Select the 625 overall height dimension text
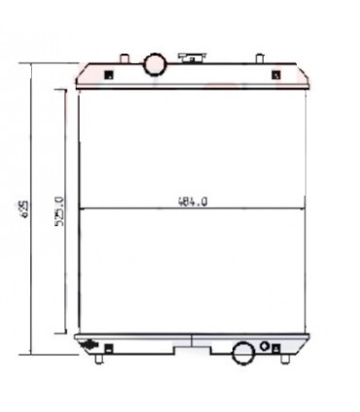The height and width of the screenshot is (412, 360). pos(22,209)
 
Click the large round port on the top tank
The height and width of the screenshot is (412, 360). pos(155,64)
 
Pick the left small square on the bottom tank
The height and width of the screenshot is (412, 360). pos(109,347)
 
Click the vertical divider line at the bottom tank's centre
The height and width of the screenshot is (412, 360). pos(193,342)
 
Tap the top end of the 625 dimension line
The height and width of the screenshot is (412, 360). pos(35,63)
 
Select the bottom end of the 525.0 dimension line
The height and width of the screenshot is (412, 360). pos(65,332)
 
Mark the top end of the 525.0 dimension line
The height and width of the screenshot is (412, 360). pos(65,90)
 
